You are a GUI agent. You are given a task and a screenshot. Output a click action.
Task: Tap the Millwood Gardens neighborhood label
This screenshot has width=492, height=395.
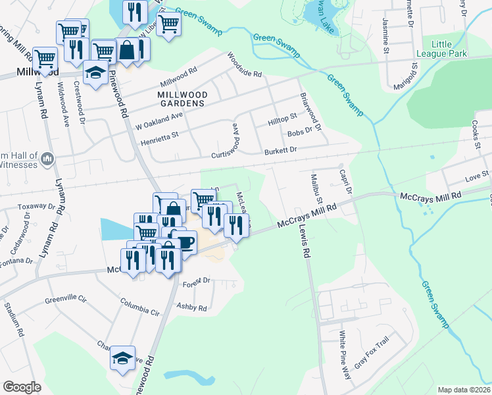point(183,99)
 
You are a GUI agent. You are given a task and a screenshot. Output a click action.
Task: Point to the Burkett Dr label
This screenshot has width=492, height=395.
point(281,150)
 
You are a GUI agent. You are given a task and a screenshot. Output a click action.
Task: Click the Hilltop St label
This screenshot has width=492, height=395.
point(283,122)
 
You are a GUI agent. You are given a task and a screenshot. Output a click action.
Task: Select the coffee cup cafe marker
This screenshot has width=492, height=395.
point(184,242)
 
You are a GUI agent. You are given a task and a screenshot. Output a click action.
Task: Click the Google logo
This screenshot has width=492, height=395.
point(22,387)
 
